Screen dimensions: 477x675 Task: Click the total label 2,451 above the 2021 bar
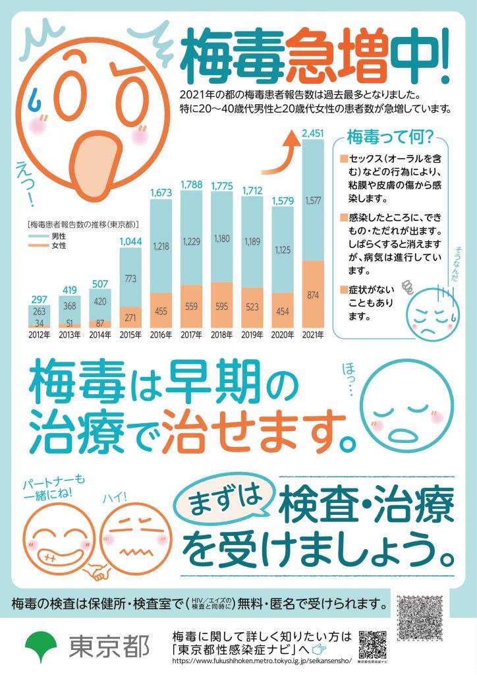pyautogui.click(x=313, y=133)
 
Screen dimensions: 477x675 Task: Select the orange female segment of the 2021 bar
pyautogui.click(x=313, y=295)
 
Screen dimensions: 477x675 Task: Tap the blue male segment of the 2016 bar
pyautogui.click(x=161, y=246)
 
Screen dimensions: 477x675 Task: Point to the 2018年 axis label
pyautogui.click(x=221, y=335)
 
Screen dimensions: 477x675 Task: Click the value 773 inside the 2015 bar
pyautogui.click(x=130, y=279)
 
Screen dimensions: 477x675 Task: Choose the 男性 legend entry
pyautogui.click(x=47, y=237)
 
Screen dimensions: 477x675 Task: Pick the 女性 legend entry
pyautogui.click(x=47, y=245)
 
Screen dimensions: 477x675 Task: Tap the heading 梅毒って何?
pyautogui.click(x=389, y=137)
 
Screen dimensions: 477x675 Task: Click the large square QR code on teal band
pyautogui.click(x=420, y=618)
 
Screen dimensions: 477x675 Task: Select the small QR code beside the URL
pyautogui.click(x=372, y=645)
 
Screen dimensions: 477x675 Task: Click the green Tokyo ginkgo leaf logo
pyautogui.click(x=41, y=647)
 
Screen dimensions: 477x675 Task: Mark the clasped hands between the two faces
pyautogui.click(x=98, y=572)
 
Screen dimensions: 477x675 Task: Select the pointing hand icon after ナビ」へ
pyautogui.click(x=319, y=649)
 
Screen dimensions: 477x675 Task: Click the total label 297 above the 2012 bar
pyautogui.click(x=39, y=299)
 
